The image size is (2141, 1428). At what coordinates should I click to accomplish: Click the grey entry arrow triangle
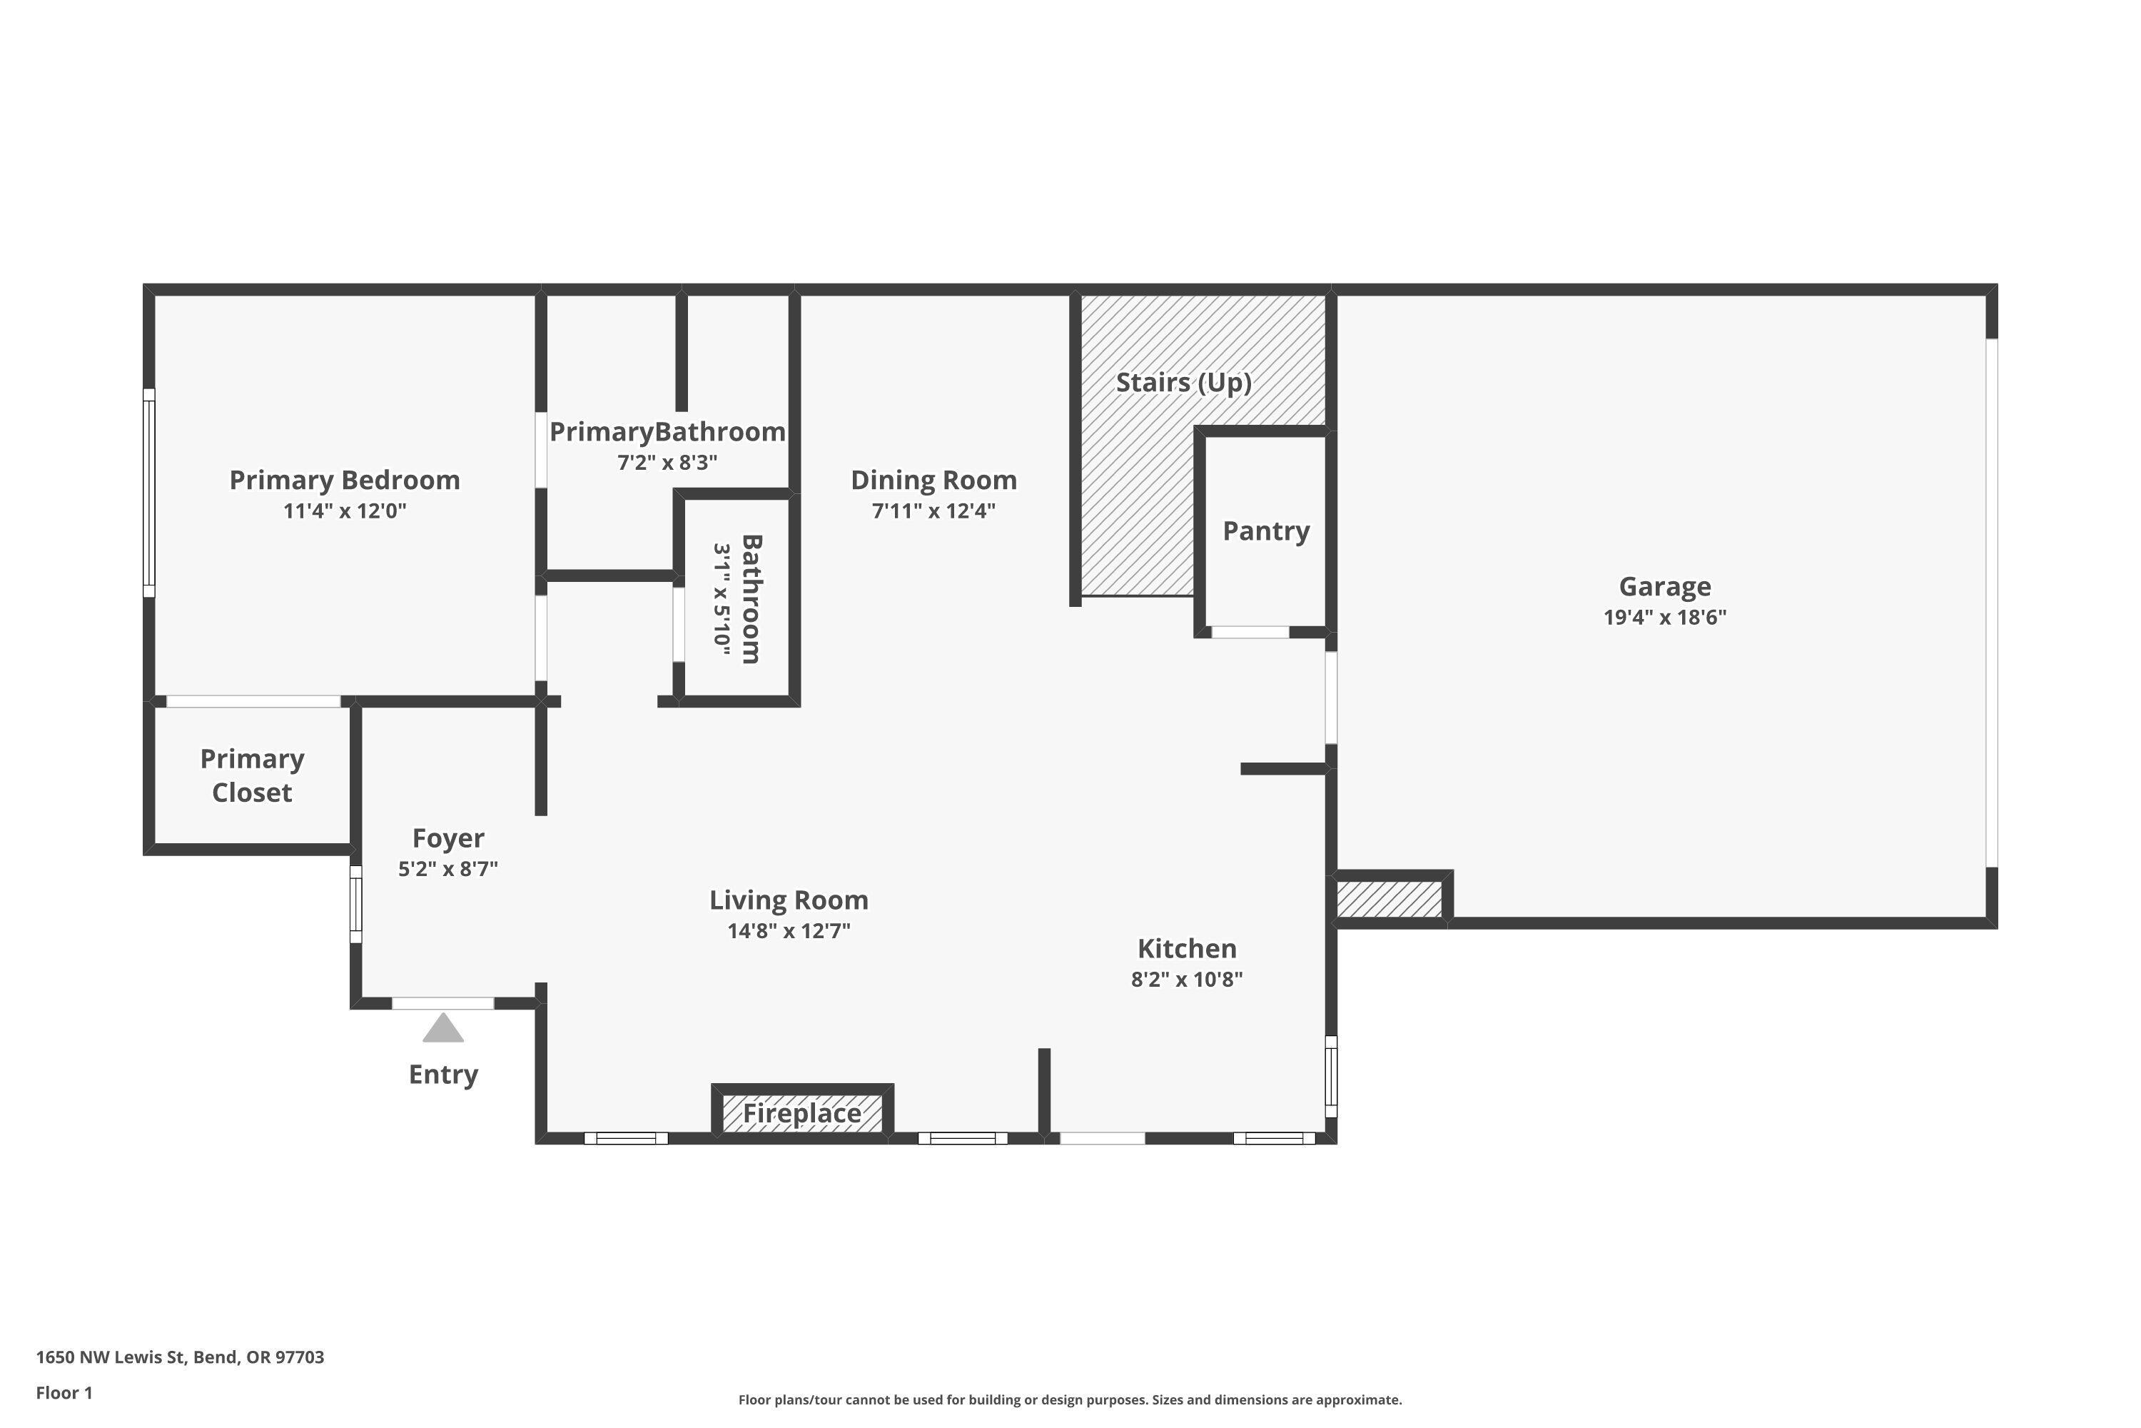pos(442,1029)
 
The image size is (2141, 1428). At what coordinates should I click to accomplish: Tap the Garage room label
pos(1664,586)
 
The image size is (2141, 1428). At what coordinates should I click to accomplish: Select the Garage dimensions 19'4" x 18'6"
pos(1664,618)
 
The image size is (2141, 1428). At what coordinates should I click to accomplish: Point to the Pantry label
pos(1265,531)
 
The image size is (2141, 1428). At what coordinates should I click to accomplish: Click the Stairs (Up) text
pos(1183,383)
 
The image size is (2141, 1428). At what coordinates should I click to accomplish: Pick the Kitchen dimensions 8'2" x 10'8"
pos(1186,979)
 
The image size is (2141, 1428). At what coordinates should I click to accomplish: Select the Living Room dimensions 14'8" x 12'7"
pos(789,931)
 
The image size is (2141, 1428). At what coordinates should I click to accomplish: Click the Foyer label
pos(448,838)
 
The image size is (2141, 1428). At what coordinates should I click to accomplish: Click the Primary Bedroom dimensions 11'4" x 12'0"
pos(344,511)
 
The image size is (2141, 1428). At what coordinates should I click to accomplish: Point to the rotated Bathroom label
pos(751,598)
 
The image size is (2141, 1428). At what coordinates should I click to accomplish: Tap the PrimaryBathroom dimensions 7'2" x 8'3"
pos(667,463)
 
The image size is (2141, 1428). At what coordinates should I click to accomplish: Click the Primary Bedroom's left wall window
pos(149,493)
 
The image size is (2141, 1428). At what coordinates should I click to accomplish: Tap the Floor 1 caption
pos(64,1392)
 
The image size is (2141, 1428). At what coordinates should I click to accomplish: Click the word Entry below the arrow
pos(442,1075)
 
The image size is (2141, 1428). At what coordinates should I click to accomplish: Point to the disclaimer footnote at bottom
pos(1070,1399)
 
